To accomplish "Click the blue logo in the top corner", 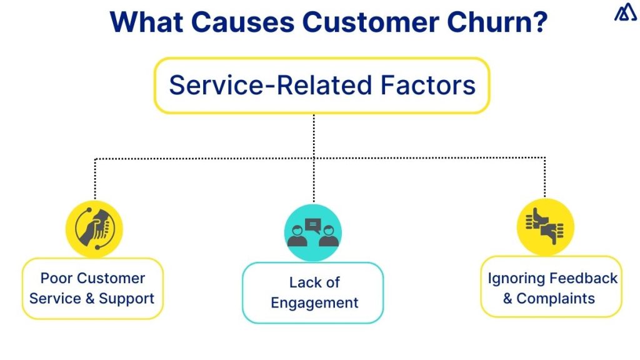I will pos(624,13).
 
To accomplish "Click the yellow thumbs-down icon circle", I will pos(545,226).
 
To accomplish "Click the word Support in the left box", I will pos(127,298).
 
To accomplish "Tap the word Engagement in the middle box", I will pos(314,303).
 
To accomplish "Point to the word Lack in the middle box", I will pos(304,282).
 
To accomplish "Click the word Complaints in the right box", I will pos(556,298).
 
